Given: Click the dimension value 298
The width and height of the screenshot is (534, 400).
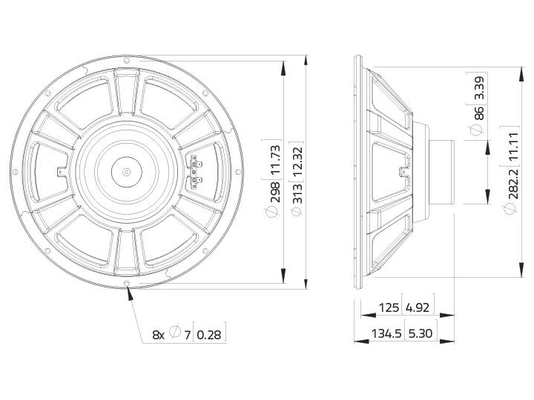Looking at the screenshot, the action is point(276,192).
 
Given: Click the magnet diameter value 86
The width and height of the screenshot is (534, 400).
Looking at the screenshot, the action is point(478,113).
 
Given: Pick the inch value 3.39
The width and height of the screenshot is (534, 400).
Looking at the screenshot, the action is point(478,87).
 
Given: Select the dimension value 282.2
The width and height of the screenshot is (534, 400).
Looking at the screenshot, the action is point(512,184).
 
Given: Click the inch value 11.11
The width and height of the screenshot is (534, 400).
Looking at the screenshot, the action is point(512,147).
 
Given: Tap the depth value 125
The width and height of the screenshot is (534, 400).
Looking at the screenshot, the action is point(389,307).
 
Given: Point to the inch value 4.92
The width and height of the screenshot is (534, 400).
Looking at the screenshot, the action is point(418,307).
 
